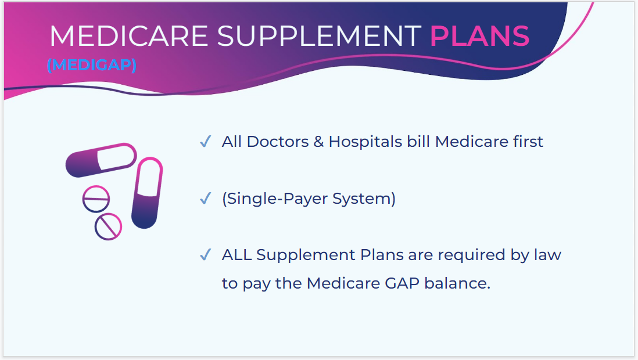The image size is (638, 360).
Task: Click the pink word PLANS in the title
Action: pos(479,36)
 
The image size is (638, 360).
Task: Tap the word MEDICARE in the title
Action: pos(128,36)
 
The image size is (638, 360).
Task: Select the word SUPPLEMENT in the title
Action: pos(318,36)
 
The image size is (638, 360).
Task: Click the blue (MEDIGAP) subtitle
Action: pos(91,65)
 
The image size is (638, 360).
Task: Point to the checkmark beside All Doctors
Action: pos(205,142)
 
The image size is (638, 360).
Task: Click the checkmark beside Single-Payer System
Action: pos(205,199)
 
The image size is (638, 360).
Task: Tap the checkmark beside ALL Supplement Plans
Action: pos(205,255)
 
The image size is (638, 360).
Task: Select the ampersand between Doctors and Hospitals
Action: pos(318,142)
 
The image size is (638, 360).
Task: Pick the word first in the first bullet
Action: pos(524,142)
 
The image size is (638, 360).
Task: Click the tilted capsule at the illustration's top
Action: pos(101,159)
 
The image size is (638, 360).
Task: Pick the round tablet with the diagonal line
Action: pos(108,226)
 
